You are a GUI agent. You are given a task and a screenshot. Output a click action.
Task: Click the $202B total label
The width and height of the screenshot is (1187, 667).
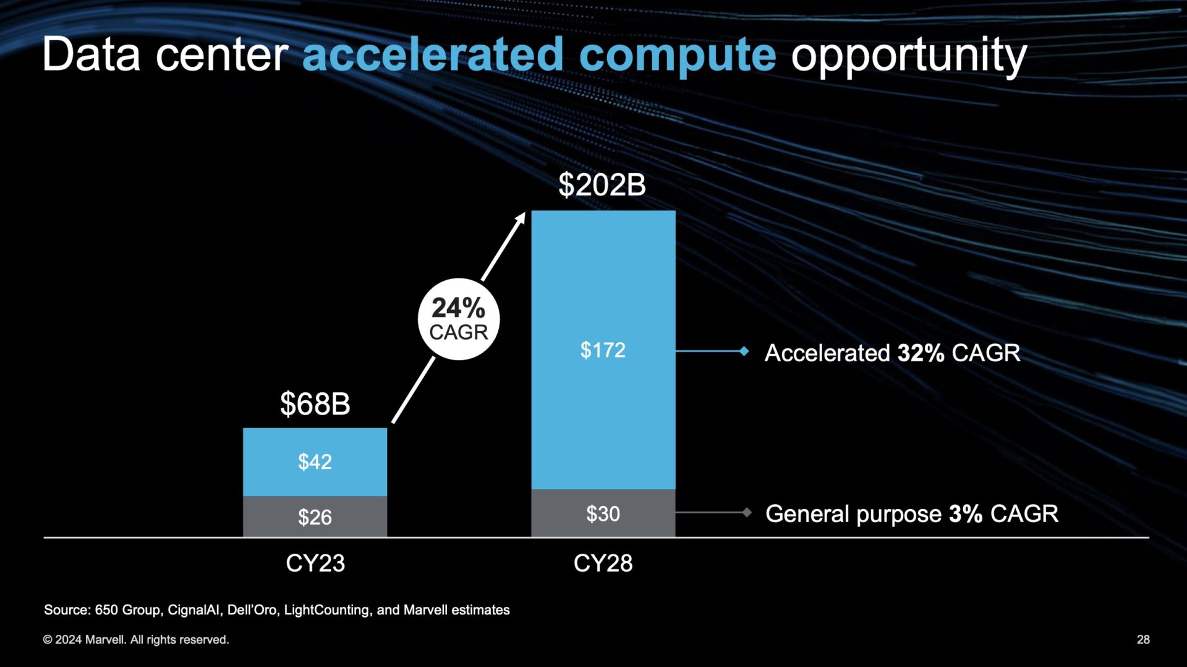[x=602, y=185]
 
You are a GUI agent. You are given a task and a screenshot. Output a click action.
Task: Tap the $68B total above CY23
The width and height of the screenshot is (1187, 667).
[x=315, y=404]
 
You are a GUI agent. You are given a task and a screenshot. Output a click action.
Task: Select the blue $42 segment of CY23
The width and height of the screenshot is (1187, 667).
[x=315, y=462]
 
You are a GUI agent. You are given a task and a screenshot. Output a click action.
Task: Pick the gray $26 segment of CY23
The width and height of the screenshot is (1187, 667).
[x=315, y=517]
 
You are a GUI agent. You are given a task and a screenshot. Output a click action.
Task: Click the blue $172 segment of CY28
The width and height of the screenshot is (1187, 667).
[x=603, y=350]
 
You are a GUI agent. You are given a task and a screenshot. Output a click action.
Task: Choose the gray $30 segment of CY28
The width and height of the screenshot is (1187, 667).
[x=603, y=514]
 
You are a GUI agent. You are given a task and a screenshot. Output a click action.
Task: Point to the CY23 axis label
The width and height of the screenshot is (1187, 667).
[x=315, y=563]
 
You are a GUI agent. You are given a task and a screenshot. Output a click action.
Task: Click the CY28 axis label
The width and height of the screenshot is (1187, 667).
[x=603, y=563]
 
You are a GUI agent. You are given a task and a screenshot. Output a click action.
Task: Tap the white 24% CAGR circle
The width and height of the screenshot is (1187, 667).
[x=458, y=319]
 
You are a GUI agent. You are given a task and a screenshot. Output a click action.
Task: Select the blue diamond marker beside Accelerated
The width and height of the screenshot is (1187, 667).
[x=744, y=351]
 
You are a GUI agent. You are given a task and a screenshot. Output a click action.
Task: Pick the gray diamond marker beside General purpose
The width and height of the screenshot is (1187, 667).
[x=747, y=512]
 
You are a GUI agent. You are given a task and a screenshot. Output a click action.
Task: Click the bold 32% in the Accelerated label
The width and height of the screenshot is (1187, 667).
[x=921, y=353]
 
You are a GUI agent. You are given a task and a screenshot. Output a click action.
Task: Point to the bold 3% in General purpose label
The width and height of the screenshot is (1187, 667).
[x=965, y=514]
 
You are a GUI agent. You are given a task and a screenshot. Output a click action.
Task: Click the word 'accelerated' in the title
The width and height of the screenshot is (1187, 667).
[x=433, y=54]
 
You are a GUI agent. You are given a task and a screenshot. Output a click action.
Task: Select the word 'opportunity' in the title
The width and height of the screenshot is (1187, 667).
[x=909, y=56]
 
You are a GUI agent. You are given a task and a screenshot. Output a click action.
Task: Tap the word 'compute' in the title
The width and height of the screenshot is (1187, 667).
[x=677, y=56]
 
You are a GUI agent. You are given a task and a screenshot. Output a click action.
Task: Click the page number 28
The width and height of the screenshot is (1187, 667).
[x=1143, y=640]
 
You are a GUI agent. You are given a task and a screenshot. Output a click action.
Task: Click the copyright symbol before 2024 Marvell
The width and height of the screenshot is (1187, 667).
[x=48, y=640]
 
